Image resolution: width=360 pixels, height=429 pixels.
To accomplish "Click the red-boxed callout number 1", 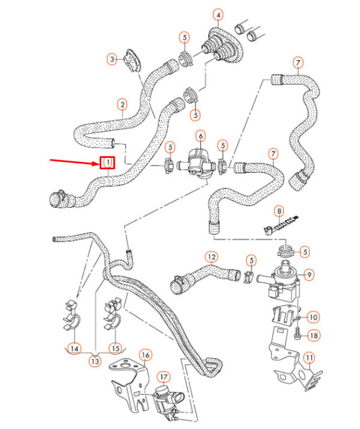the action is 107,163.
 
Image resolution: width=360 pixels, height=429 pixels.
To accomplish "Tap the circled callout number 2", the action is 122,104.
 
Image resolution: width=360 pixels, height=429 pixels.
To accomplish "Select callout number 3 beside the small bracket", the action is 112,59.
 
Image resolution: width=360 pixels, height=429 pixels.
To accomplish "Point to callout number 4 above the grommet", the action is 218,15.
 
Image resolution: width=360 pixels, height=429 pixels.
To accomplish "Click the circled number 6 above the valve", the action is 201,136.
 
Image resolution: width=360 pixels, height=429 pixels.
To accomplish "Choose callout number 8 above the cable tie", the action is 279,211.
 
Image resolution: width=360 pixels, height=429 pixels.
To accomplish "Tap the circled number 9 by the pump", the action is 309,274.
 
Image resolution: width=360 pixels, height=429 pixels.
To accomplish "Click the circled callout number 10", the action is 313,317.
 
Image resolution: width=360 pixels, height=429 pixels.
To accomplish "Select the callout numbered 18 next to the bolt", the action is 313,335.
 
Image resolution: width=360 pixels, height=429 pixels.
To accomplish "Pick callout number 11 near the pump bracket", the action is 309,358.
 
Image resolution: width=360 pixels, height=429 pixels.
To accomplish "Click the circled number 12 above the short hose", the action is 212,257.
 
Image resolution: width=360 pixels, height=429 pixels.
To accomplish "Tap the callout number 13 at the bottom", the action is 95,361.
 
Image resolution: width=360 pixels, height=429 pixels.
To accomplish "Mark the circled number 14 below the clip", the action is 74,349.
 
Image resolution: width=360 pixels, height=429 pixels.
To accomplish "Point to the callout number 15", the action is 115,348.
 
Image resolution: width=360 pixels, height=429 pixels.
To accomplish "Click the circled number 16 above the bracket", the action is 145,355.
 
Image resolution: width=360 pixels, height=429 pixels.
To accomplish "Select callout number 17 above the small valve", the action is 163,377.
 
